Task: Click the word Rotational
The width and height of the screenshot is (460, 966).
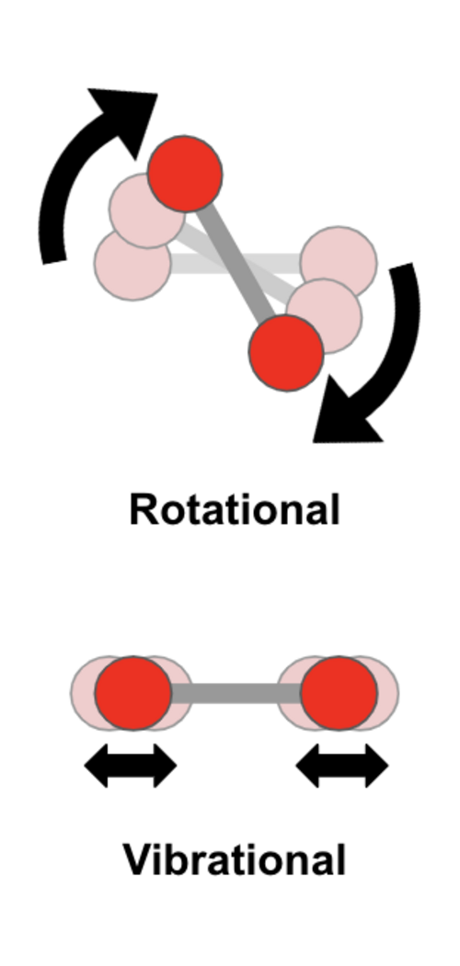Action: coord(235,509)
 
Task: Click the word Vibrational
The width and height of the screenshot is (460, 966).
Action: coord(235,859)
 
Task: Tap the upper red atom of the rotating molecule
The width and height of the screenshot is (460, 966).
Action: coord(185,174)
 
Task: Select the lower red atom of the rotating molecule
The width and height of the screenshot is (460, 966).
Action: coord(286,352)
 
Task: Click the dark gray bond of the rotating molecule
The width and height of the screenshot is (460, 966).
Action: coord(236,263)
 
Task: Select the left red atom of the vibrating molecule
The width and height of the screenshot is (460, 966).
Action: coord(132,693)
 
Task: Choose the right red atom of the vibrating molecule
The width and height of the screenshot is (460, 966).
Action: coord(339,693)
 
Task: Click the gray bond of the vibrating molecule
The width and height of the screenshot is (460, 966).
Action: coord(236,693)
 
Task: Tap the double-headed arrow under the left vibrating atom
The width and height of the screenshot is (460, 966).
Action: coord(131,766)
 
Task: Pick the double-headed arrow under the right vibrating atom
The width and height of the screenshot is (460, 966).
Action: coord(342,766)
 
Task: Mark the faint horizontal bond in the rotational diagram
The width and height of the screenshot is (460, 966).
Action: coord(236,263)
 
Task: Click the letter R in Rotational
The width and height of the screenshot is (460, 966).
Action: coord(143,509)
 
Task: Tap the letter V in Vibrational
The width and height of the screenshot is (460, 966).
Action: coord(138,859)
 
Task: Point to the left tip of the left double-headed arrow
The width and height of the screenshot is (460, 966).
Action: coord(85,766)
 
